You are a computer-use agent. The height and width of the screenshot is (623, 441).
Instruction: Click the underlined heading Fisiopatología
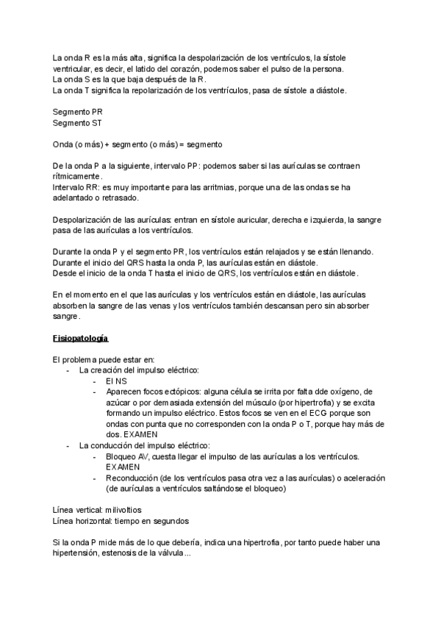(x=81, y=339)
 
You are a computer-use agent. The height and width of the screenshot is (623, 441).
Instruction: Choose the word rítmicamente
(x=78, y=176)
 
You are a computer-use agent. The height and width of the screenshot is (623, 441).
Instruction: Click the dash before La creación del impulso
(x=69, y=370)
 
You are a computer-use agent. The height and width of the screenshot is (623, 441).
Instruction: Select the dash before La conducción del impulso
(x=69, y=445)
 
